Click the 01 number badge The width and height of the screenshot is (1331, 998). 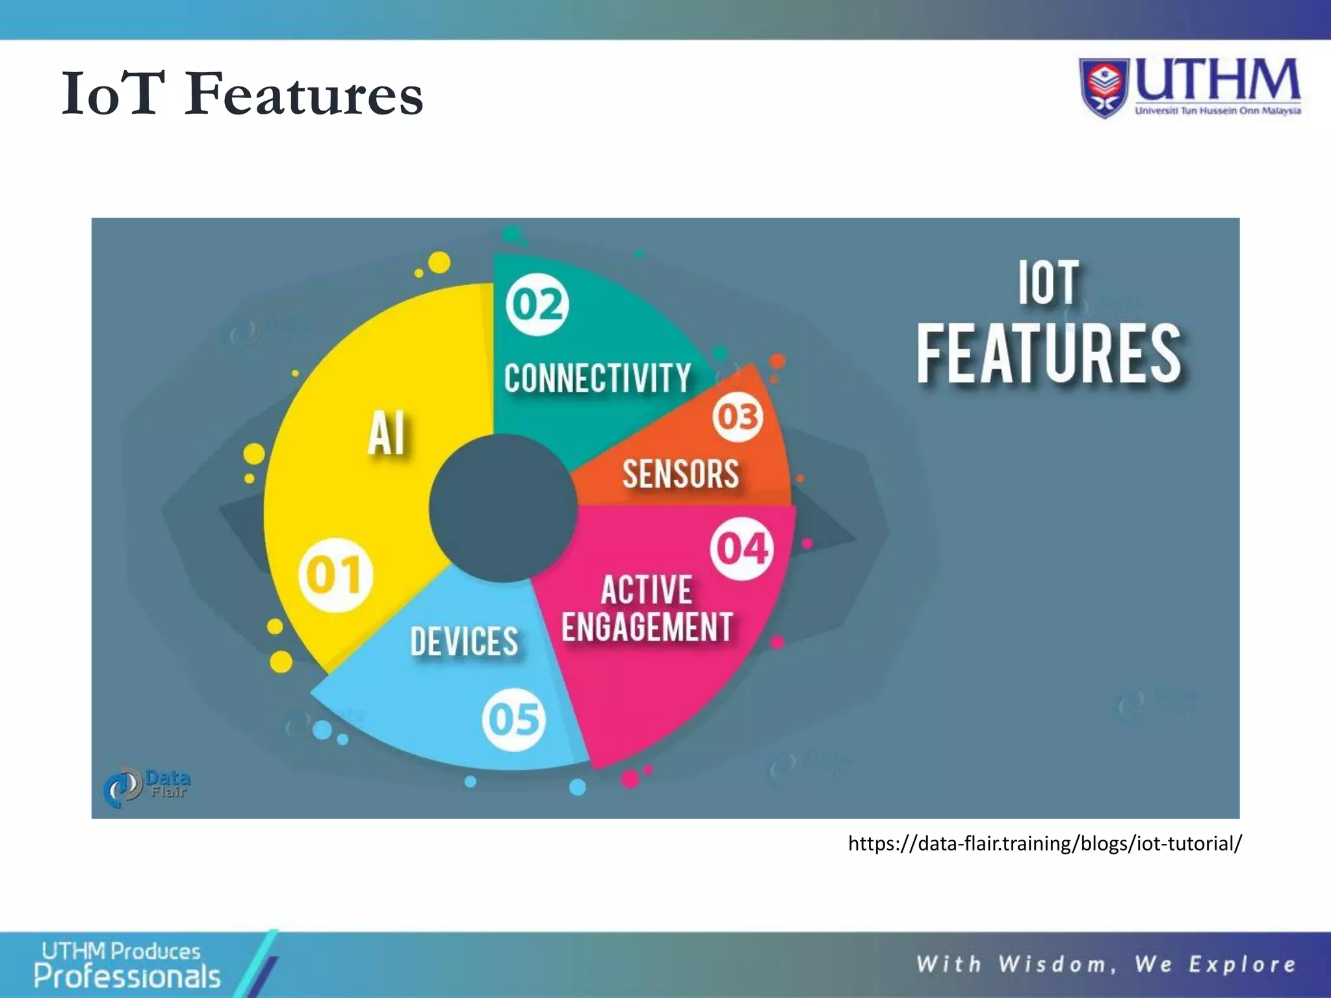point(335,575)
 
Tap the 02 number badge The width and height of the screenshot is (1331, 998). point(537,304)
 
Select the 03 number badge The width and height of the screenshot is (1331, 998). point(738,417)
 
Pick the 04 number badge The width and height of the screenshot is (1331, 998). point(742,548)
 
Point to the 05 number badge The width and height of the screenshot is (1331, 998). point(513,719)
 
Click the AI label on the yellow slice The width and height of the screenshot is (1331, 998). point(387,433)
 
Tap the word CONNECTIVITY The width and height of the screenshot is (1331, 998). point(597,378)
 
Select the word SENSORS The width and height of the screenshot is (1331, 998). point(680,474)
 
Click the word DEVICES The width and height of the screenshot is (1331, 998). point(464,642)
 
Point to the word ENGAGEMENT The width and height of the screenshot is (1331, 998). point(647,627)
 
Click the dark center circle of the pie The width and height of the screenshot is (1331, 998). point(503,508)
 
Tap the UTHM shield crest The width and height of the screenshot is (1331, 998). point(1104,87)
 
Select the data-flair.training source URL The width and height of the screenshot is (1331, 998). point(1044,843)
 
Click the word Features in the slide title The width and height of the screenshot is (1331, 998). point(304,95)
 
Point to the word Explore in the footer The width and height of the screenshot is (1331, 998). point(1242,964)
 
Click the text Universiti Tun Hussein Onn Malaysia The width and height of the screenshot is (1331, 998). point(1217,111)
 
